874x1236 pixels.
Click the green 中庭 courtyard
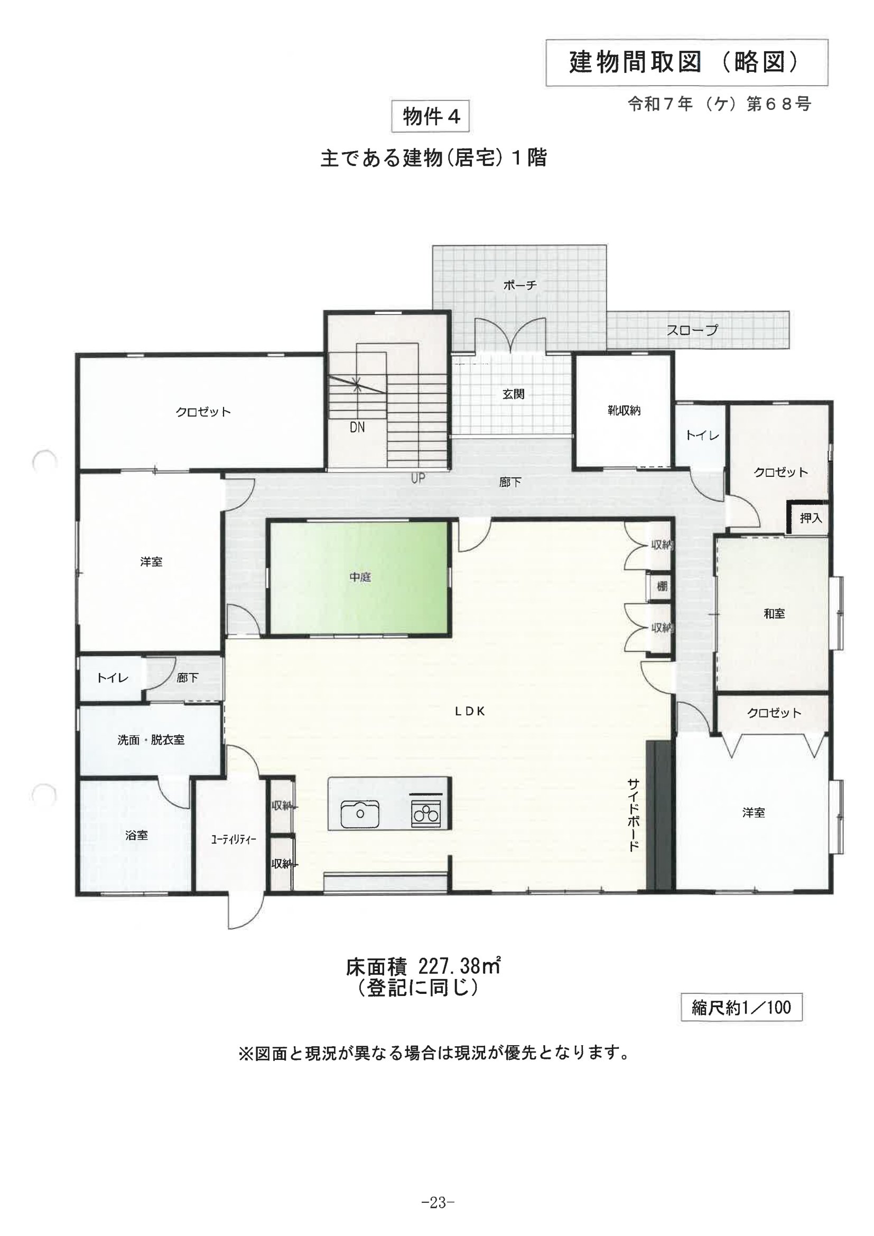coord(359,578)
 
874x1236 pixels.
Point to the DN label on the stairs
coord(357,428)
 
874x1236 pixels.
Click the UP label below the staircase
coord(417,478)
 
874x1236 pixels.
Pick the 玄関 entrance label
coord(514,394)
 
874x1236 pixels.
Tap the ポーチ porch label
coord(520,285)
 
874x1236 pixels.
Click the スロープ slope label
coord(692,330)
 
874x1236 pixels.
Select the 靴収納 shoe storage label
coord(624,410)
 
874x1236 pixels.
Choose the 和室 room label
coord(774,613)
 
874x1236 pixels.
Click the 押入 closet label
coord(811,518)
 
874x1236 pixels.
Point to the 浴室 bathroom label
coord(136,835)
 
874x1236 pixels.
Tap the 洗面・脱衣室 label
coord(151,740)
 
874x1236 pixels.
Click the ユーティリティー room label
coord(233,840)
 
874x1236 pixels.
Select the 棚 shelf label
coord(662,586)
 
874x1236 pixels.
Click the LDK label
coord(470,711)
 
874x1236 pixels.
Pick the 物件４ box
coord(431,116)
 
